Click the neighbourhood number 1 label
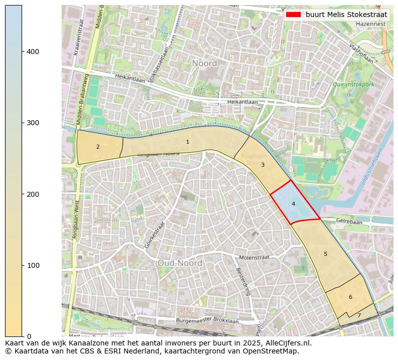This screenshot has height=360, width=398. (x=187, y=142)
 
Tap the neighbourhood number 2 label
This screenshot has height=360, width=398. (x=98, y=147)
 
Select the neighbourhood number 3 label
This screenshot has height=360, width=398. (x=263, y=165)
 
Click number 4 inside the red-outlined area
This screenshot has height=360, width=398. (x=293, y=204)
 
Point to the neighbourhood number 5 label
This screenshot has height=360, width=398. (x=325, y=254)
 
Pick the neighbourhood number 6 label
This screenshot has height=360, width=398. (x=350, y=297)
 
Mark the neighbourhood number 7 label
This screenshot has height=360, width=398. (x=359, y=316)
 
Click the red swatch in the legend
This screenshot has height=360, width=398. (x=293, y=15)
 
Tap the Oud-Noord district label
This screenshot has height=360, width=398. (x=179, y=263)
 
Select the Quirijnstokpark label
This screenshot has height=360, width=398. (x=353, y=85)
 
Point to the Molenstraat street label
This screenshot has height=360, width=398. (x=254, y=257)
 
